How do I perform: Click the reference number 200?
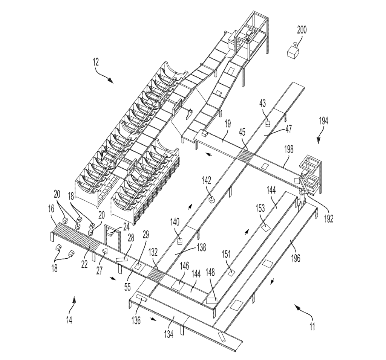pyautogui.click(x=302, y=30)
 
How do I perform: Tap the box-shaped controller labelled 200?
pyautogui.click(x=293, y=52)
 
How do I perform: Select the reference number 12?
pyautogui.click(x=95, y=62)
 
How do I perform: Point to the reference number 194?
pyautogui.click(x=323, y=121)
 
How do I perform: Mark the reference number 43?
pyautogui.click(x=263, y=103)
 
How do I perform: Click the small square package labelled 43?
pyautogui.click(x=268, y=124)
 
